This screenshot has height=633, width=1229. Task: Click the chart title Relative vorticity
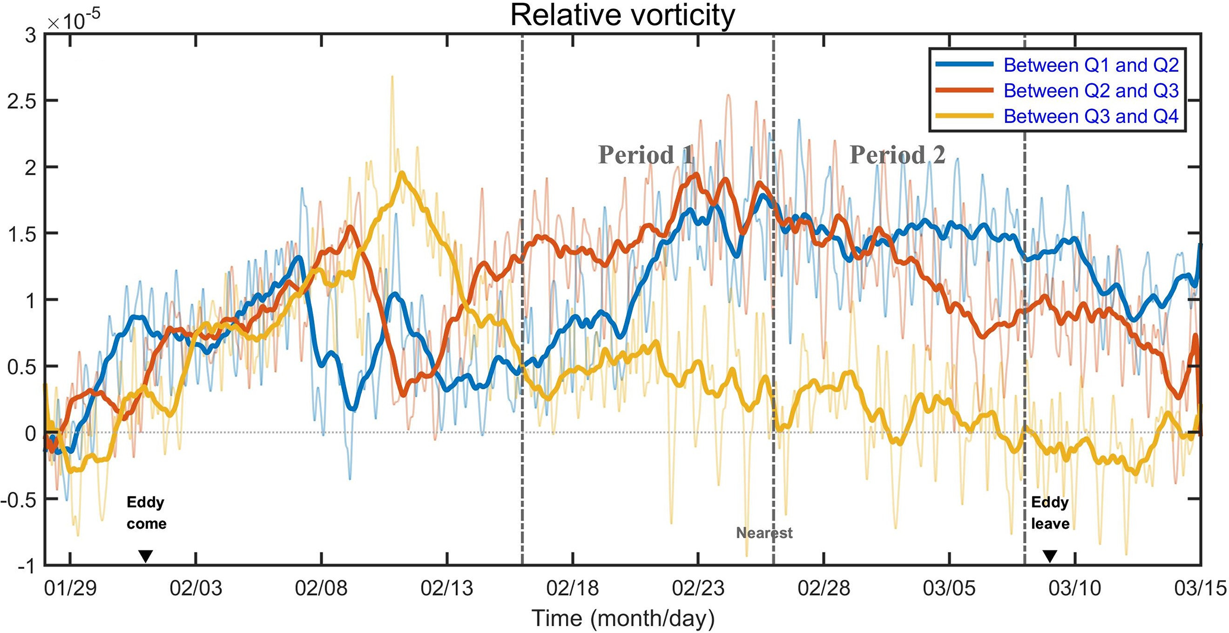coord(623,15)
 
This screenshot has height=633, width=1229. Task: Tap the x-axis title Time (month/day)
coord(623,618)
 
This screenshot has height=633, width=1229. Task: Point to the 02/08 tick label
coord(321,588)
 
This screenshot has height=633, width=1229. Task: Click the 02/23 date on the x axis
coord(698,588)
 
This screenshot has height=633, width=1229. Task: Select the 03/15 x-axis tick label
coord(1200,588)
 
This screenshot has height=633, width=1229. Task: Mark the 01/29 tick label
coord(71,588)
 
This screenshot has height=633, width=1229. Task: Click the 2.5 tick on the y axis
coord(21,101)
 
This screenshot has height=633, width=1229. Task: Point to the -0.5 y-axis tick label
coord(18,500)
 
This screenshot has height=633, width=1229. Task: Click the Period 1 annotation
coord(646,155)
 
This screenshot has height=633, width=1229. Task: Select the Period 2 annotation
coord(897,155)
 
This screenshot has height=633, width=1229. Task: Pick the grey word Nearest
coord(764,533)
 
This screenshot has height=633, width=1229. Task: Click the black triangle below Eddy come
coord(146,556)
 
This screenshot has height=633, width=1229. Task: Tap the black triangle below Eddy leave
coord(1050,556)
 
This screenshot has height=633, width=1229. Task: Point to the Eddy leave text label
coord(1050,513)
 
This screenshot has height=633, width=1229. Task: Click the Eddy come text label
coord(146,513)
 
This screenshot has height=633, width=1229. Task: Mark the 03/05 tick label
coord(949,588)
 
